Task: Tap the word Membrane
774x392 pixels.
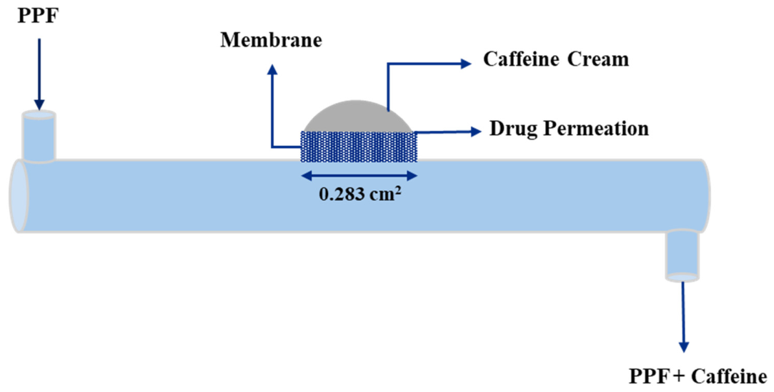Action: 271,40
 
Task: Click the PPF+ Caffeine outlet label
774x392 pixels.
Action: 698,377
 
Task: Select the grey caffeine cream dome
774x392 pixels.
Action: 358,117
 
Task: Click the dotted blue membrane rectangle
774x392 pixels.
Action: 359,147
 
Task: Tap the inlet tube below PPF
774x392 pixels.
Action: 39,137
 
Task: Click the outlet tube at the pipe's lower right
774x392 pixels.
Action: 683,255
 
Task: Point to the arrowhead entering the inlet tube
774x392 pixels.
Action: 39,104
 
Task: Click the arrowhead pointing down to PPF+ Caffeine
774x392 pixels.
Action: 684,346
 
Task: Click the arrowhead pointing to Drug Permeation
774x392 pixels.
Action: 475,131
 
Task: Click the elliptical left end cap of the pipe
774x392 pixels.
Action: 19,196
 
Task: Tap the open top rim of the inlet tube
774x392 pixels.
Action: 39,115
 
